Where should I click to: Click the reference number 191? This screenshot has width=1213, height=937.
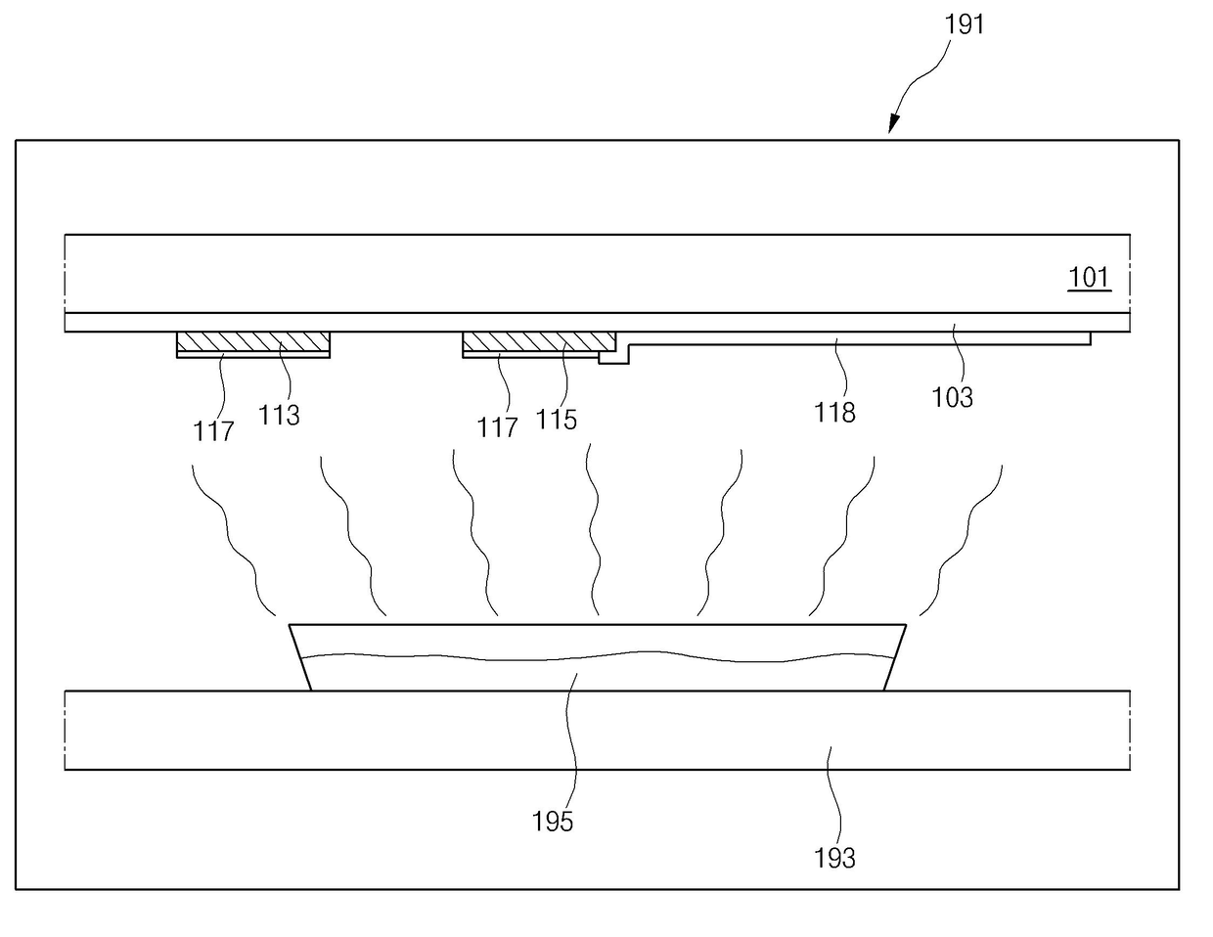tap(964, 25)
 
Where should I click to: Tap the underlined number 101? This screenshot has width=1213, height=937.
tap(1089, 278)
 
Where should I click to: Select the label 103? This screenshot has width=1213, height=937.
tap(953, 397)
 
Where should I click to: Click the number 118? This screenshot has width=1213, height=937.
tap(834, 413)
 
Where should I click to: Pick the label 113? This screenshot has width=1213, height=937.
tap(279, 416)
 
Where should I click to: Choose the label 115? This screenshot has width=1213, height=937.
tap(556, 420)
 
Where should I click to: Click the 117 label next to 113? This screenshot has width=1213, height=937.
tap(213, 431)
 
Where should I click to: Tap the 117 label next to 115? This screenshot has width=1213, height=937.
tap(497, 428)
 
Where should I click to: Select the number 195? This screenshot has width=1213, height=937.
tap(552, 822)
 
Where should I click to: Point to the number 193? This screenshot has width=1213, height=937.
tap(834, 859)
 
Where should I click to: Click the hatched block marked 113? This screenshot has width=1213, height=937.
tap(252, 341)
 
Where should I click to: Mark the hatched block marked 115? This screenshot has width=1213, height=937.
tap(539, 341)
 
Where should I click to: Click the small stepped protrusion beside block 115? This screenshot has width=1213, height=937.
tap(614, 358)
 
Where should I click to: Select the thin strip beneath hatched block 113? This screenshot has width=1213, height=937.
tap(252, 355)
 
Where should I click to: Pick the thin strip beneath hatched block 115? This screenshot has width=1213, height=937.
tap(530, 355)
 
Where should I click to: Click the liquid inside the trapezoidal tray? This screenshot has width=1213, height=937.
tap(597, 674)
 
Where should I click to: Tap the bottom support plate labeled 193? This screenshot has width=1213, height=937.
tap(598, 731)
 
